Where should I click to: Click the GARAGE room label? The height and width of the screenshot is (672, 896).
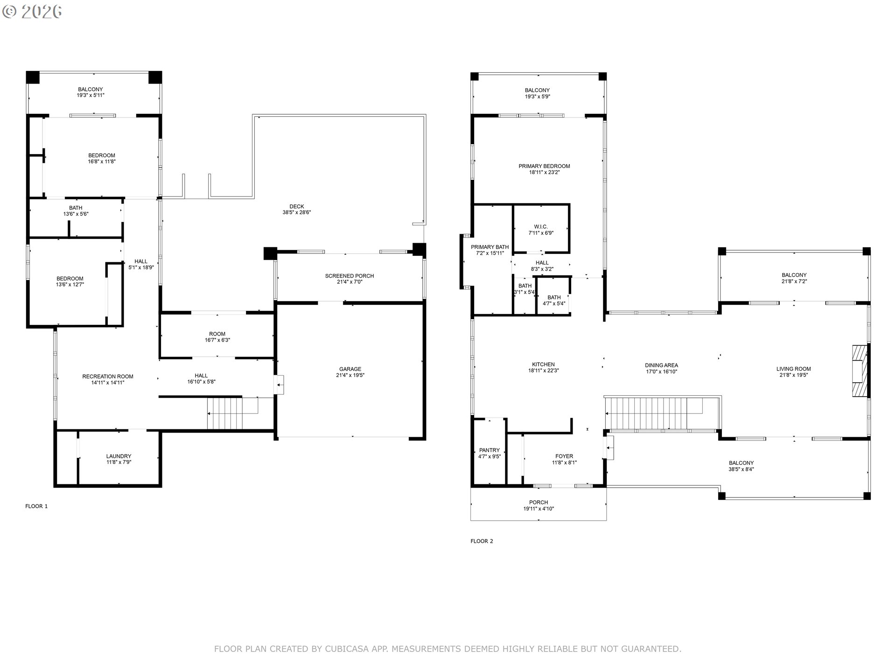tap(350, 369)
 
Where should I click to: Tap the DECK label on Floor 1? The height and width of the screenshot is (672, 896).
tap(296, 206)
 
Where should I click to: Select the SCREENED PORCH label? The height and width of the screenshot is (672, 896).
tap(349, 276)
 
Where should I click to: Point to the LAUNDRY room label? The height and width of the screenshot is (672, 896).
tap(119, 456)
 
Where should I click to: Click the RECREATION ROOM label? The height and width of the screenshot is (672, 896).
tap(108, 376)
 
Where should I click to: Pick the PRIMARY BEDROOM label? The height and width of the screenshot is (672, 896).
tap(544, 166)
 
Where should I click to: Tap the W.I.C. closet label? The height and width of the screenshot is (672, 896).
tap(541, 227)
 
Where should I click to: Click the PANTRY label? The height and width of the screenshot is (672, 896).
tap(489, 450)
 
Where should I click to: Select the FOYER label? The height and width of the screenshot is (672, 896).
tap(564, 456)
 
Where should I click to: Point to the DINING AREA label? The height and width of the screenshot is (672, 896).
tap(661, 365)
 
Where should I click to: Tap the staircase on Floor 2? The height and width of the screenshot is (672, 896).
tap(653, 413)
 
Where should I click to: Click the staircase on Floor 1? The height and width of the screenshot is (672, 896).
tap(225, 413)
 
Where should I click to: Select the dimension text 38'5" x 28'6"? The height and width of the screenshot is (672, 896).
tap(296, 213)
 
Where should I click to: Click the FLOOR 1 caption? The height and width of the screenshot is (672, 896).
tap(36, 506)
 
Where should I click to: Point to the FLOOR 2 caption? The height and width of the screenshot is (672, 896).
tap(482, 541)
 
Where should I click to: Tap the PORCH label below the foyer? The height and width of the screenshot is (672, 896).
tap(539, 503)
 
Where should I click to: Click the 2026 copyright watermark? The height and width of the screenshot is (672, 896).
tap(33, 12)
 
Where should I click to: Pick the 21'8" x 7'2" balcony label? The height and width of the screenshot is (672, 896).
tap(794, 281)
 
